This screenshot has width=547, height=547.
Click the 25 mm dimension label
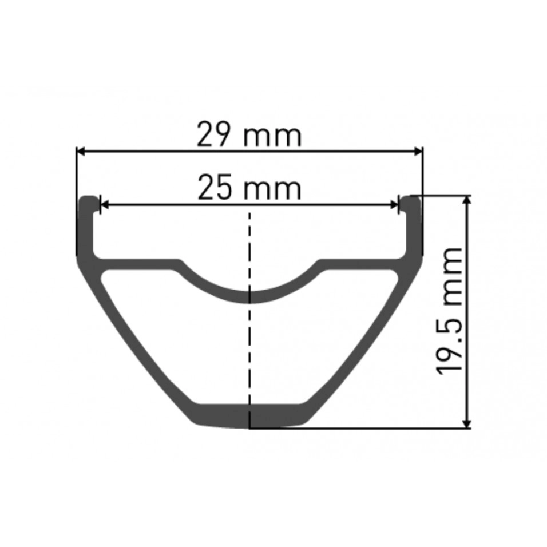[249, 188]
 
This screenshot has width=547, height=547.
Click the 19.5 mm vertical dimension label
[450, 311]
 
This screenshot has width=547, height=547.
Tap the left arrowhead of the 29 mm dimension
[81, 152]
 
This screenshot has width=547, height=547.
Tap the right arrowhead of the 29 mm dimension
[418, 152]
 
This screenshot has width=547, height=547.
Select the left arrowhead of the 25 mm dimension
[105, 205]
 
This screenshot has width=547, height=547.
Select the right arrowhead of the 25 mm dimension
[394, 205]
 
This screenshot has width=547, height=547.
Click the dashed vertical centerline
[249, 319]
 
